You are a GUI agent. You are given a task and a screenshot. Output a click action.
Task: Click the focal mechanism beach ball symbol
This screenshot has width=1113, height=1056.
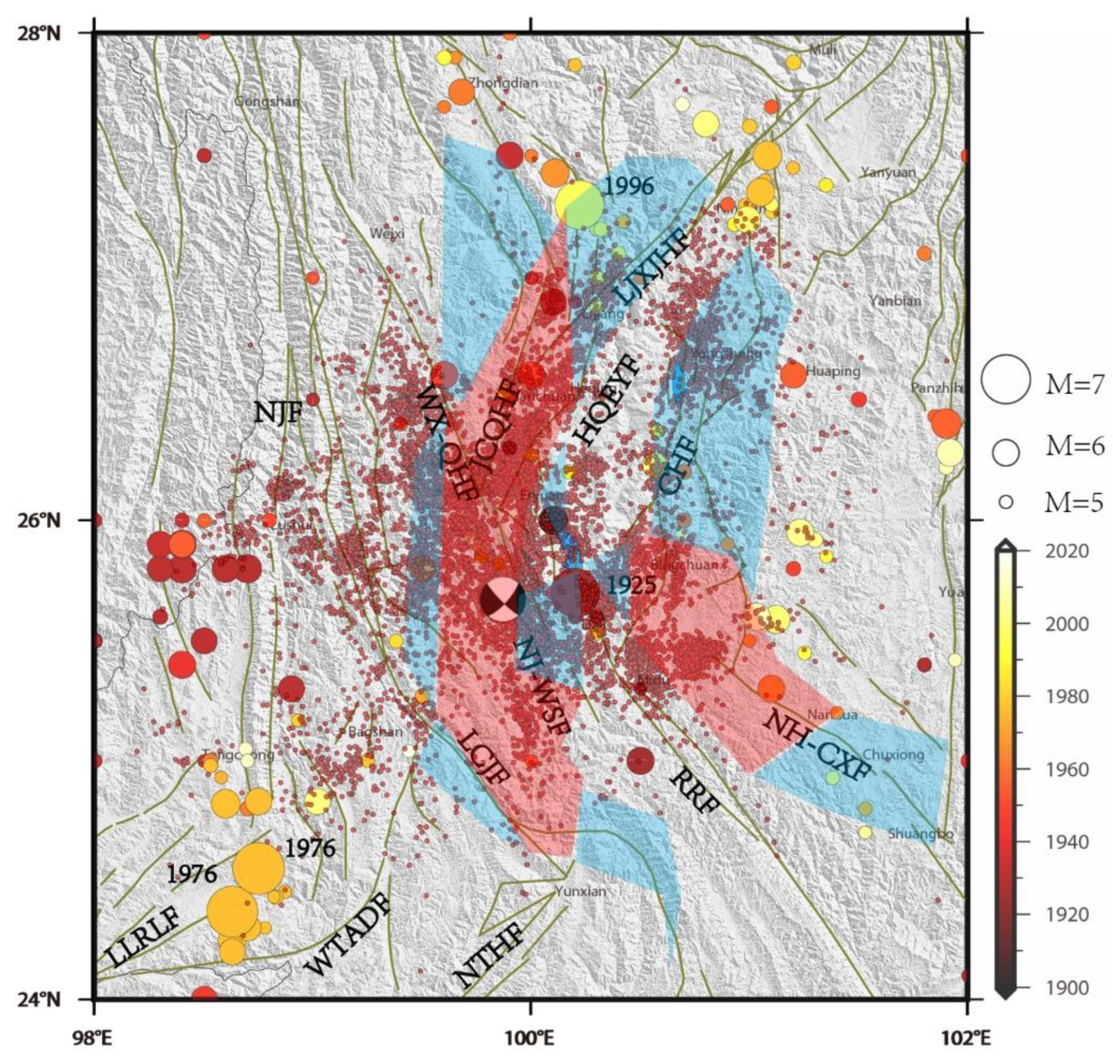pyautogui.click(x=503, y=600)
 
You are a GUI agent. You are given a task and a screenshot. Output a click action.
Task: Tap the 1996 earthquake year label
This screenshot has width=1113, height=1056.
pyautogui.click(x=628, y=186)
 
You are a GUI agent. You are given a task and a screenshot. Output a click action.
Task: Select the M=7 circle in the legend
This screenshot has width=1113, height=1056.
pyautogui.click(x=1006, y=379)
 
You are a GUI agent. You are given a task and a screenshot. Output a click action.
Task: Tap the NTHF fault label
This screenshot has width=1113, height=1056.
pyautogui.click(x=489, y=956)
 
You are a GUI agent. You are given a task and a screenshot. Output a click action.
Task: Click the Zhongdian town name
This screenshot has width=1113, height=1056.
pyautogui.click(x=503, y=83)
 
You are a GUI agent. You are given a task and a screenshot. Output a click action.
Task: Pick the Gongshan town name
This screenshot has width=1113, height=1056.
pyautogui.click(x=267, y=102)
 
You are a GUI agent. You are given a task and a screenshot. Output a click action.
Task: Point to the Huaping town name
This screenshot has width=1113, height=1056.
pyautogui.click(x=833, y=372)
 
